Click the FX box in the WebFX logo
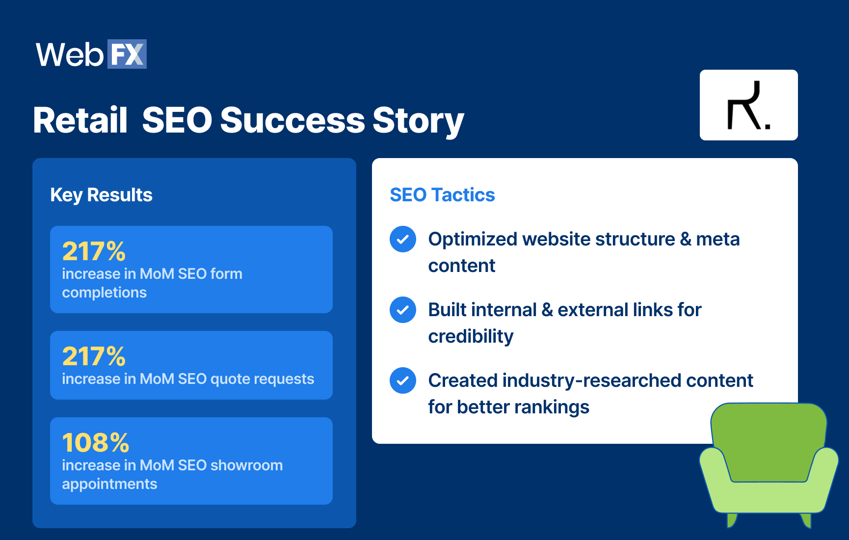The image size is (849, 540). [127, 54]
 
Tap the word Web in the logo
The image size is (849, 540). [69, 54]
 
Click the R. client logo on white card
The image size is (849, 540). [748, 105]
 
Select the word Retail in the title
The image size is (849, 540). [80, 121]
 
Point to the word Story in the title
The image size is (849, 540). [418, 121]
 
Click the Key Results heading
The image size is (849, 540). [101, 195]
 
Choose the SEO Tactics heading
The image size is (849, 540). [442, 195]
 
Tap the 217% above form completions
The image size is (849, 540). [94, 251]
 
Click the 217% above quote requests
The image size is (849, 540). [94, 356]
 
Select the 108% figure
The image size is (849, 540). [96, 443]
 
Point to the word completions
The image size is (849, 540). [104, 293]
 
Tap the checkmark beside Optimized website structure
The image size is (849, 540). [403, 240]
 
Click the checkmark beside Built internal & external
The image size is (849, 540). [403, 310]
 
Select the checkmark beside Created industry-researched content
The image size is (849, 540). [403, 381]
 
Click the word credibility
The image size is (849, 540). [471, 337]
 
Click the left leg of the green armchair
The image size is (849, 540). [731, 519]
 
